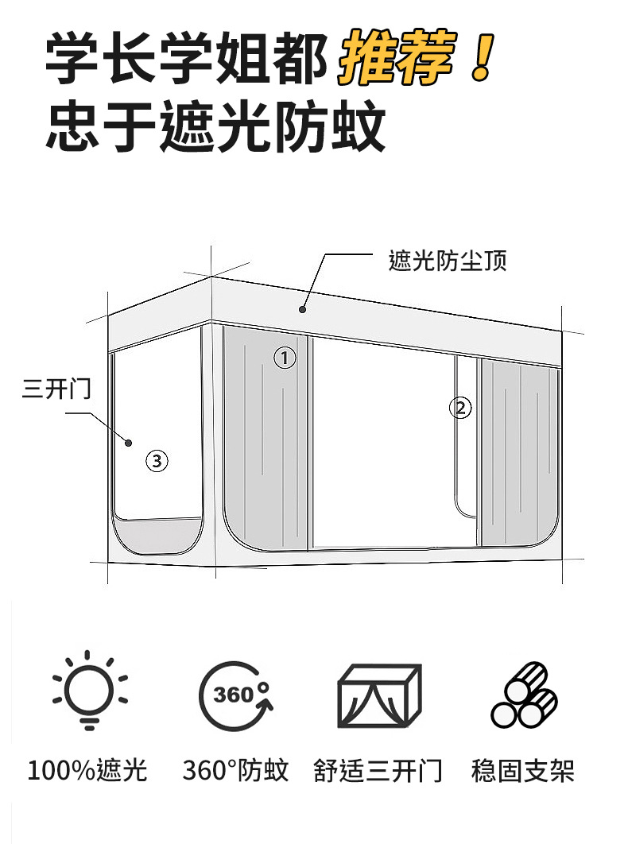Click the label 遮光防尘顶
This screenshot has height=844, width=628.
point(448,260)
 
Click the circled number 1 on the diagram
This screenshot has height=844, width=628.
point(285,358)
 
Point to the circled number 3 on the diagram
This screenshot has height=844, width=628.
point(157,460)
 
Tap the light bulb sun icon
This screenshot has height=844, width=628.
point(88,690)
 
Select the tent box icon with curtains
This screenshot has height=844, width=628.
point(379,695)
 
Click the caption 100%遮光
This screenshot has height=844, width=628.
point(87,770)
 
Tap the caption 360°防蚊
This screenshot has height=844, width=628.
point(235,770)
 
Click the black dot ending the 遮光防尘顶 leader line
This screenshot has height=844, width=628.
point(302,309)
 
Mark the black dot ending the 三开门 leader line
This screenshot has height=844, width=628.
point(127,441)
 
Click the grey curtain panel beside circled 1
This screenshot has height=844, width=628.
point(262,445)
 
